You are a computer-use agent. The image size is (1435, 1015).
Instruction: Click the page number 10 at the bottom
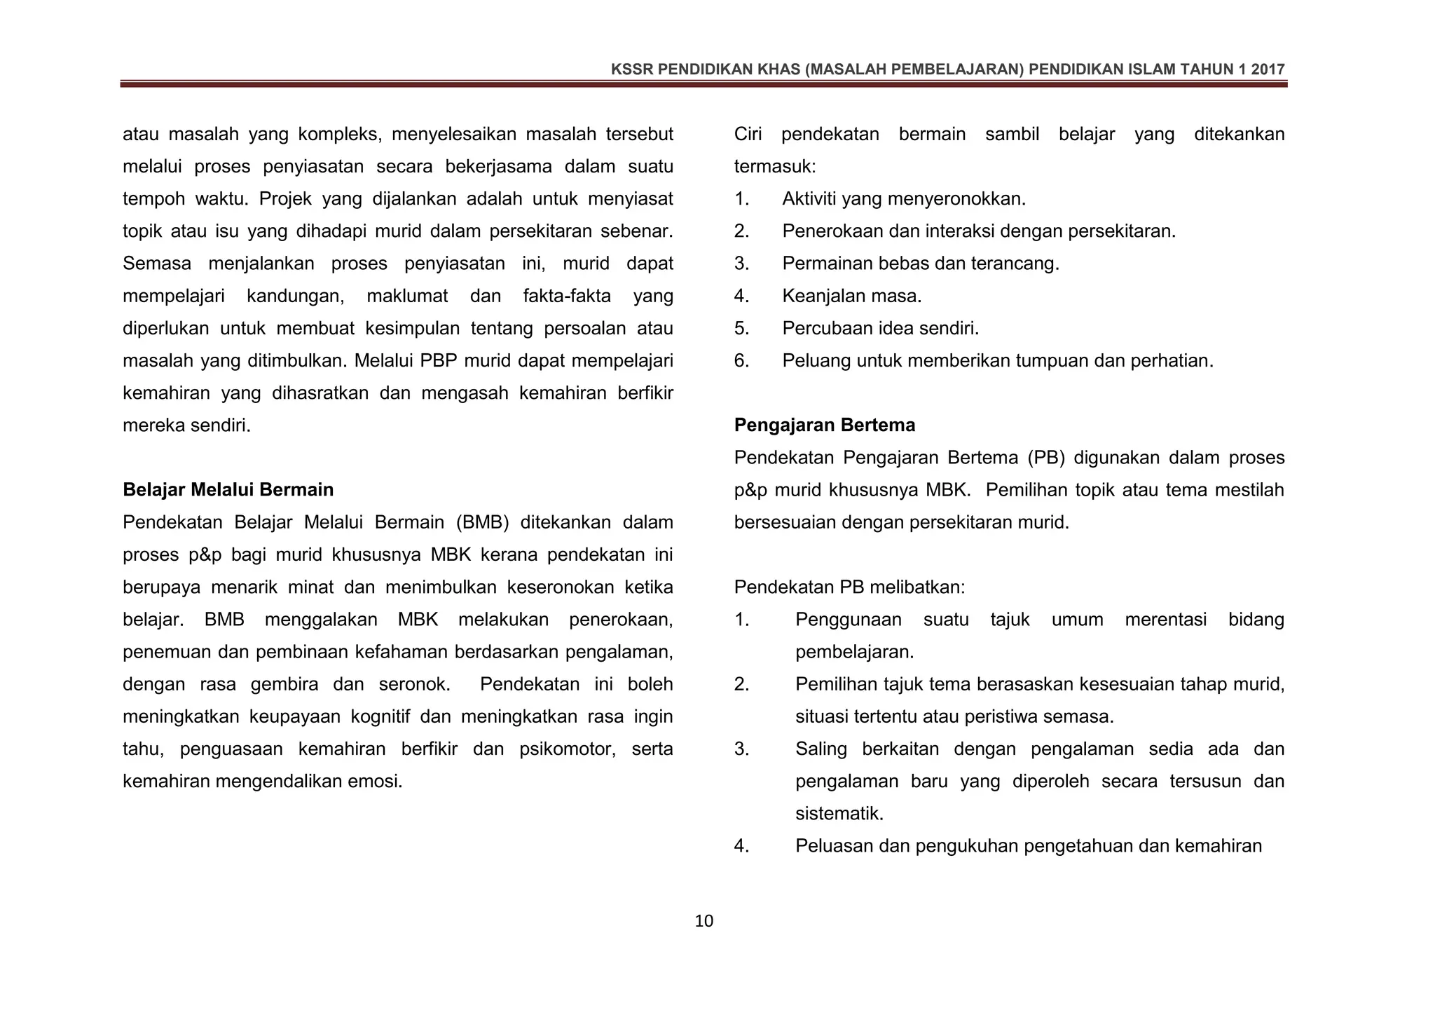point(703,921)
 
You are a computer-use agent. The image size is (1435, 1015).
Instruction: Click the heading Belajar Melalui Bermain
point(228,489)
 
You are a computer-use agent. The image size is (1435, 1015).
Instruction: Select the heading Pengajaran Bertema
point(824,425)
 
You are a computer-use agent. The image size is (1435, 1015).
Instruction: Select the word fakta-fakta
point(567,296)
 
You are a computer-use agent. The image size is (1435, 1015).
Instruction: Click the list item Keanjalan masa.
point(851,296)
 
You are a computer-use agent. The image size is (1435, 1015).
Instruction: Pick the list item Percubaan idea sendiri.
point(880,328)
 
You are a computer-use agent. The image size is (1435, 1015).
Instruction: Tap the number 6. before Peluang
point(741,361)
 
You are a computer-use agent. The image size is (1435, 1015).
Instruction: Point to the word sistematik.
point(839,814)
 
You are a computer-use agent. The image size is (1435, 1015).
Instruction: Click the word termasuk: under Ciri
point(775,167)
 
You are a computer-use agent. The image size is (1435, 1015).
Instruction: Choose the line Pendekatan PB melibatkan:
point(849,587)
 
